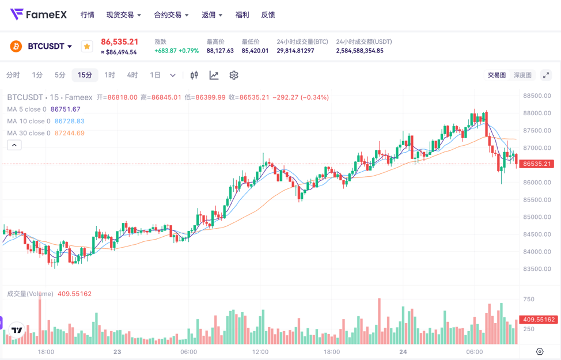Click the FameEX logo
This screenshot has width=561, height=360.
[39, 14]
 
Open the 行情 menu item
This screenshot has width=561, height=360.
[88, 15]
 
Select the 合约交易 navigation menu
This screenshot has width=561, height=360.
[168, 15]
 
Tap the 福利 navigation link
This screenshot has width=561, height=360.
[242, 15]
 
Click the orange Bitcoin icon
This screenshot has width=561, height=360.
[16, 46]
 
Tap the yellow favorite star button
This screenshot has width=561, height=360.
[87, 46]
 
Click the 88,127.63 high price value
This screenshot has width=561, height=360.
[220, 51]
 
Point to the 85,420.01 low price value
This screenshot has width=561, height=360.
[255, 51]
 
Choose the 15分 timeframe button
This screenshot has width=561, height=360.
[85, 75]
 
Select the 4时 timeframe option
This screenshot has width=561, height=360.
[132, 75]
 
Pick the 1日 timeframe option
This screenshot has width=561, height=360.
[155, 75]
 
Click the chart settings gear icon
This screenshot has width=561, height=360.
[234, 75]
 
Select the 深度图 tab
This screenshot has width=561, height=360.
[522, 75]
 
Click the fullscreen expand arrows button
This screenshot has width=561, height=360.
[546, 75]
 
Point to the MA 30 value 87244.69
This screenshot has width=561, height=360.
[70, 133]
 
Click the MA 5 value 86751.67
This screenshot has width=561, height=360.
[66, 109]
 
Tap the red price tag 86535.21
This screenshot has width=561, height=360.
[537, 164]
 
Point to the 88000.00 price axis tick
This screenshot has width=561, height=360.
[537, 113]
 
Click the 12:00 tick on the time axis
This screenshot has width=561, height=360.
[260, 352]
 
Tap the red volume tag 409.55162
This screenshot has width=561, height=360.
[539, 320]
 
